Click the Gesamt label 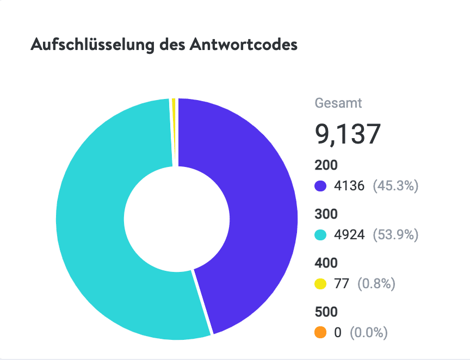point(338,103)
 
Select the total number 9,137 point(347,134)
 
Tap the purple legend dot point(321,186)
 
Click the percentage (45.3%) point(395,186)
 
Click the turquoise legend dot point(321,235)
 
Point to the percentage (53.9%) point(395,235)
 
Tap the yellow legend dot point(321,284)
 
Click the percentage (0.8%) point(376,284)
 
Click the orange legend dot point(321,332)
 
